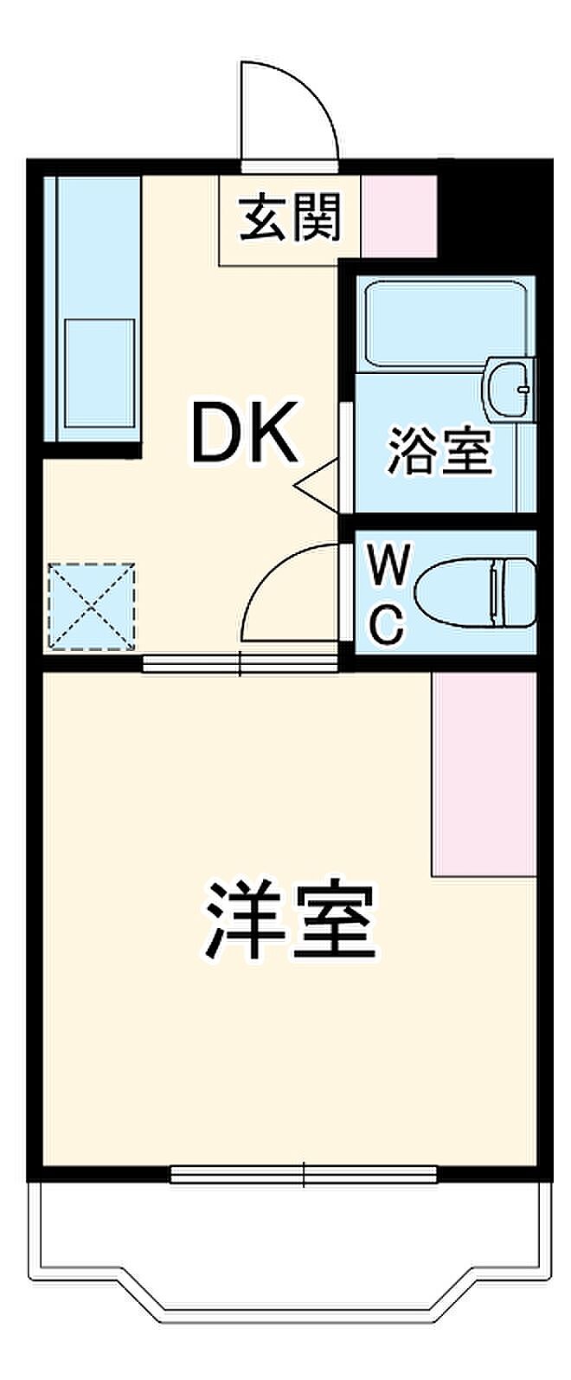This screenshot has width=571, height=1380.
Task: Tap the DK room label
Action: tap(245, 432)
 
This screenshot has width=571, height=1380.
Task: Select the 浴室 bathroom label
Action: tap(439, 451)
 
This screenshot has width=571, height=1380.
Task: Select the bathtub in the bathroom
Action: tap(445, 326)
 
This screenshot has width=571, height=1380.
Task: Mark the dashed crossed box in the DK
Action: tap(91, 606)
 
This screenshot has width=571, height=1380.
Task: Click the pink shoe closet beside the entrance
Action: tap(399, 216)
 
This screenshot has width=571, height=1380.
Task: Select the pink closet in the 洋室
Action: tap(484, 773)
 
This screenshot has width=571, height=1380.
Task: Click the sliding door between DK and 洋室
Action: tap(241, 663)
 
